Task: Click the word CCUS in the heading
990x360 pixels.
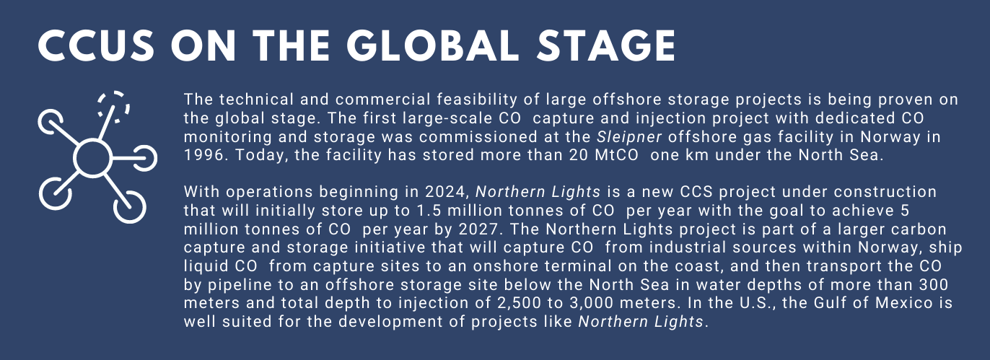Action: tap(97, 46)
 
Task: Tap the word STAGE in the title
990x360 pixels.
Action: tap(606, 46)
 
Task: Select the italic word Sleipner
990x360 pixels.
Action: tap(629, 137)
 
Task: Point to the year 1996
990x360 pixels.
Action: tap(203, 155)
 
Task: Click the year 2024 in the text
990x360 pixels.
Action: tap(445, 192)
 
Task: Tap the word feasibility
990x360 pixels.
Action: tap(477, 100)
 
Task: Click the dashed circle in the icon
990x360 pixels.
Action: tap(113, 107)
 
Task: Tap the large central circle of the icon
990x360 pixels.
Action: tap(93, 158)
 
